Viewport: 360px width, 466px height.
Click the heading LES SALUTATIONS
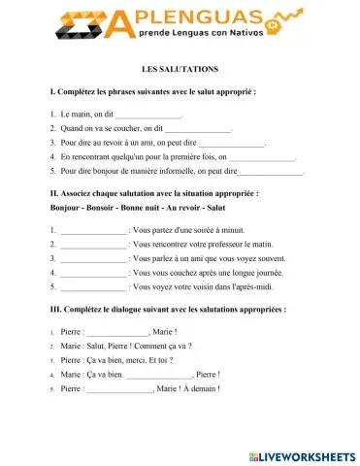tap(180, 70)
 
